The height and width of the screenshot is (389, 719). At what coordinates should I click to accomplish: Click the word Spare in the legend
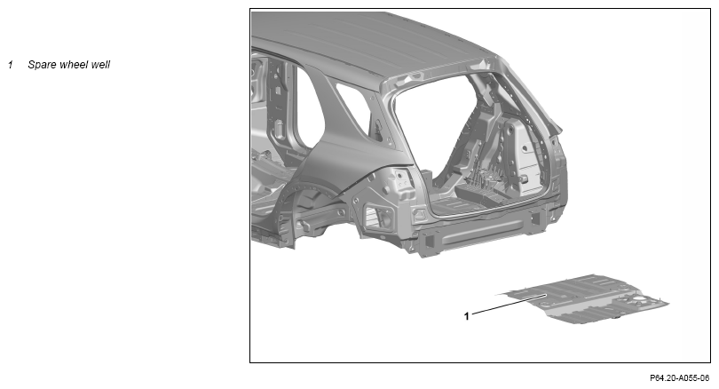[41, 65]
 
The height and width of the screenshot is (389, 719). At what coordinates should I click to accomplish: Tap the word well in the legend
[100, 65]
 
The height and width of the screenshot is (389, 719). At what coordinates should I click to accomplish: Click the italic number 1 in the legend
[10, 65]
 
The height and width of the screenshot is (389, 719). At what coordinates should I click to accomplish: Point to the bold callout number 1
[467, 316]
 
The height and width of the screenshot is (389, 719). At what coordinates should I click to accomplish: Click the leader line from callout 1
[509, 306]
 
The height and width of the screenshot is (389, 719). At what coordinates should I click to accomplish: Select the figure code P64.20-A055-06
[680, 378]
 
